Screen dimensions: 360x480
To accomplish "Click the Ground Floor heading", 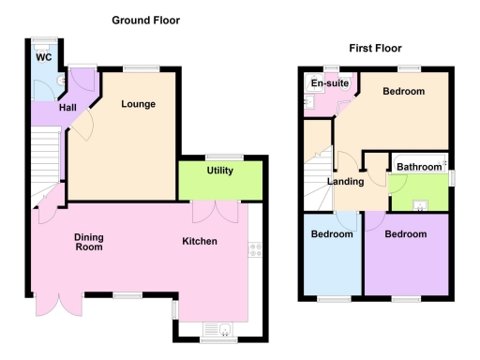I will coord(145,20).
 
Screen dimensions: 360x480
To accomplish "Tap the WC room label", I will coord(43,57).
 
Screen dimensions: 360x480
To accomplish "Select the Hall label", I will coord(67,109).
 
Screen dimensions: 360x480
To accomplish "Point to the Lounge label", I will coord(138,104).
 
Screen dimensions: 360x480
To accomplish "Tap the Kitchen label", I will coord(200,242).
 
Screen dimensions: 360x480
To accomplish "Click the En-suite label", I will coord(330,84).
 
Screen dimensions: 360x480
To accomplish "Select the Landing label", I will coord(344,182).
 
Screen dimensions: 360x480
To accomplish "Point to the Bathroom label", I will coord(418,167).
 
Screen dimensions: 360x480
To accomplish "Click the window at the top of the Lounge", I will coord(140,68).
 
